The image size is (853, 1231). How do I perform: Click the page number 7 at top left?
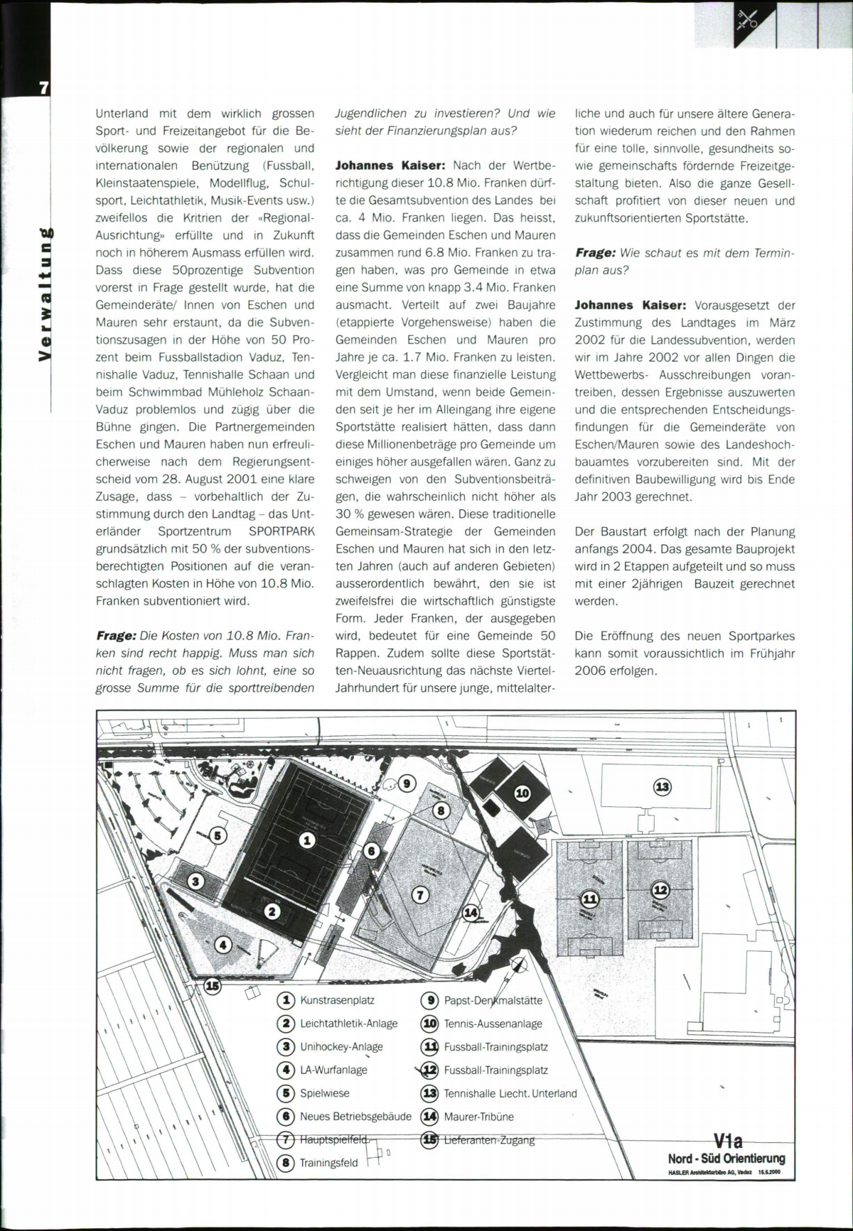43,88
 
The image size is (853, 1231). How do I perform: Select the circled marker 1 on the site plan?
307,840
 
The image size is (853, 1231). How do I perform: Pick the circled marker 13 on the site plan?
662,786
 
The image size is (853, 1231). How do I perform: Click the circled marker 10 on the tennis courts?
522,793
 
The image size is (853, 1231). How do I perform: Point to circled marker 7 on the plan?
421,895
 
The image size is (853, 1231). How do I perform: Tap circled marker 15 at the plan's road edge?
213,985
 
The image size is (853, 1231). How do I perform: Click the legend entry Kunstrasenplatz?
337,1000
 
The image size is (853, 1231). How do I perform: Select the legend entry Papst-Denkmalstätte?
493,1000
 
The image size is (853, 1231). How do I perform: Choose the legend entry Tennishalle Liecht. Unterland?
510,1093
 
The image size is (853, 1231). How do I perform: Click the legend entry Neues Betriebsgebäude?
355,1116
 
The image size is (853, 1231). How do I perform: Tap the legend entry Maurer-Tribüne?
478,1116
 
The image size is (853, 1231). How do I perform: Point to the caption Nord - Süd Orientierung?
726,1159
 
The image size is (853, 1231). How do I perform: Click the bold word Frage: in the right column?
595,253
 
